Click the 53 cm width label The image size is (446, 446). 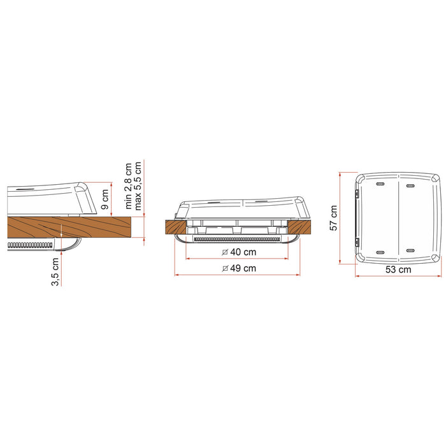coord(398,270)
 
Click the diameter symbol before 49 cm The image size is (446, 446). coord(226,269)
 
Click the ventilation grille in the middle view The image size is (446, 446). coord(236,240)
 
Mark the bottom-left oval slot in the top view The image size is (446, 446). coord(380,250)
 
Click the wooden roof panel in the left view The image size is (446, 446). coord(64,226)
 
